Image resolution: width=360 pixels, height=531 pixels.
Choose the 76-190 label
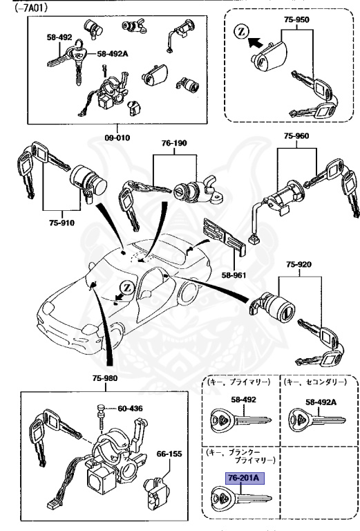tap(174, 143)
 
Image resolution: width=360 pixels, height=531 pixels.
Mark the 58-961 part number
tap(234, 274)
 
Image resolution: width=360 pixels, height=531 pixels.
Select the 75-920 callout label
tap(299, 265)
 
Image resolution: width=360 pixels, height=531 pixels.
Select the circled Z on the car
tap(126, 287)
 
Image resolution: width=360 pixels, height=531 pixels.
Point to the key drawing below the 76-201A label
tap(238, 498)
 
